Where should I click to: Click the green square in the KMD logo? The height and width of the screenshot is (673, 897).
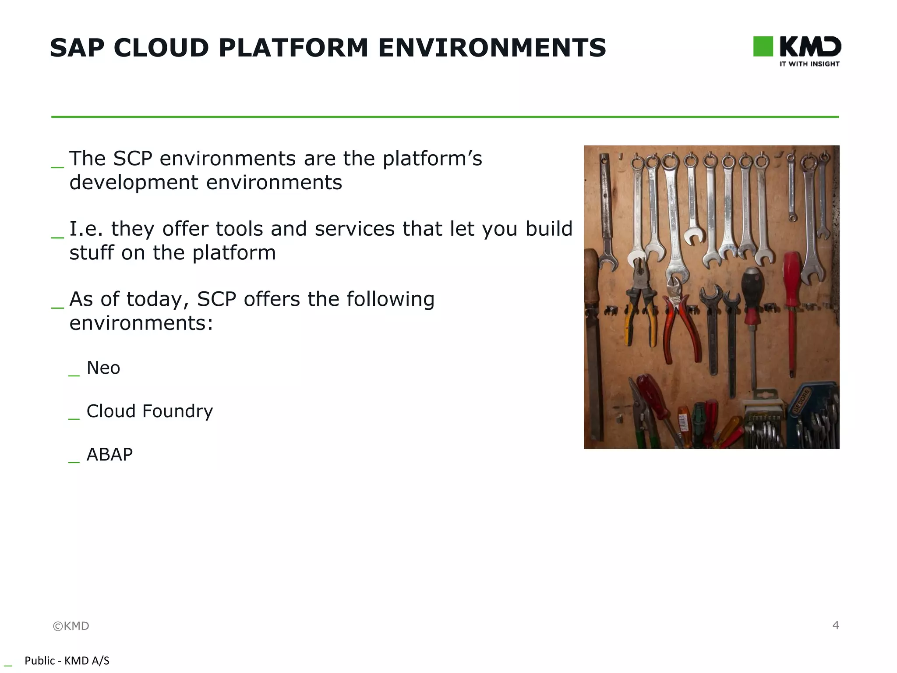click(763, 46)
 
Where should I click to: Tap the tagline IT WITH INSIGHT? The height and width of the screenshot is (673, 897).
click(809, 64)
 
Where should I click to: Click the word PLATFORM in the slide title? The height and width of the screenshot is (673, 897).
click(293, 48)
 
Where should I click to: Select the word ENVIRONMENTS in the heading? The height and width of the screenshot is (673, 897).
click(492, 48)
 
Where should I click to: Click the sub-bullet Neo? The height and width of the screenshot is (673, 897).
click(103, 368)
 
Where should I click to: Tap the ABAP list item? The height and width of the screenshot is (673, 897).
click(109, 455)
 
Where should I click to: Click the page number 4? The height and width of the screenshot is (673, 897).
click(835, 625)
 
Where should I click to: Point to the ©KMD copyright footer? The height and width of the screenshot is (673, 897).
click(71, 626)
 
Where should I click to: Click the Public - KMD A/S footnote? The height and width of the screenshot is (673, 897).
click(67, 661)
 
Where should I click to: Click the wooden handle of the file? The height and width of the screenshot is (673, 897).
click(591, 280)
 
